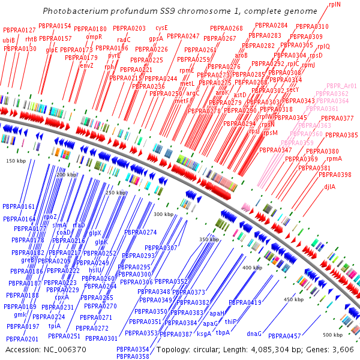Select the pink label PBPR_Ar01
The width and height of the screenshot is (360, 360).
click(342, 86)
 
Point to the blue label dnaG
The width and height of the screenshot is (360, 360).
click(254, 333)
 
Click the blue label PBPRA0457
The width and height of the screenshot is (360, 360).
click(284, 336)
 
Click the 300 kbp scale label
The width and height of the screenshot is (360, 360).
click(163, 214)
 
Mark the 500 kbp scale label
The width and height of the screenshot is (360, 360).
click(332, 334)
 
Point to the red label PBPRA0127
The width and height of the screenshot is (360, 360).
click(19, 30)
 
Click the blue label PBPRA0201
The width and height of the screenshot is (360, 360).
click(23, 340)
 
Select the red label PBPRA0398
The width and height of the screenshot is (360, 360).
click(335, 175)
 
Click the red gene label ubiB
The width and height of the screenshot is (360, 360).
click(8, 40)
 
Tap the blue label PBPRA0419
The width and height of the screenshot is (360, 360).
click(245, 302)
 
